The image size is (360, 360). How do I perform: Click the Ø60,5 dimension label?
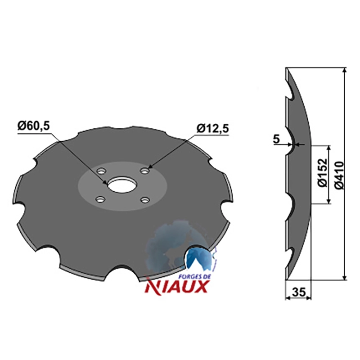pos(33,126)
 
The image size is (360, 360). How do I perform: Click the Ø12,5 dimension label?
pos(212,129)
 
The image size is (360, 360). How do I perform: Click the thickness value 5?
pos(276,139)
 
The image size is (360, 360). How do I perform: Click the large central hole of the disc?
pos(122,184)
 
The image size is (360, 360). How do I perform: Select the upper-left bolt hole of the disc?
pos(101,171)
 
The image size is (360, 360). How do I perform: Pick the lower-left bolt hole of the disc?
pos(100,199)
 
